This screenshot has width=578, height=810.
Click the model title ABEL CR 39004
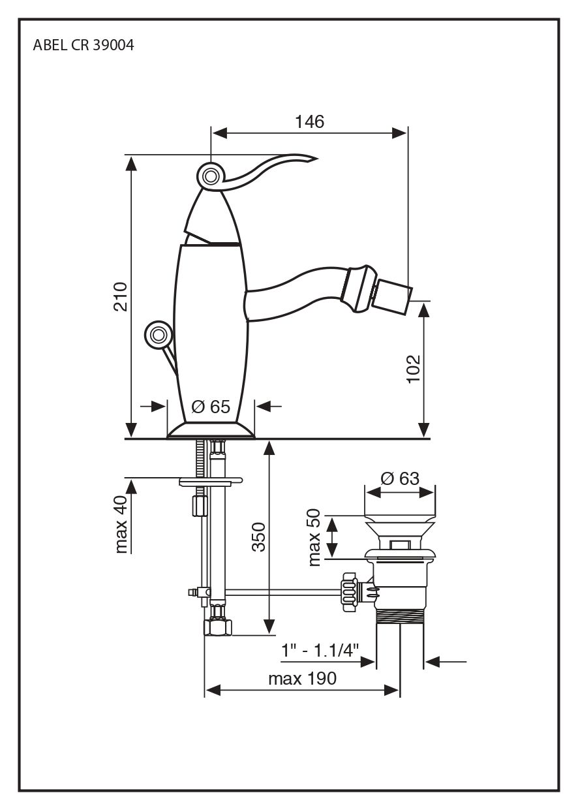tap(84, 46)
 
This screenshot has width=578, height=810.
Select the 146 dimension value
tap(309, 121)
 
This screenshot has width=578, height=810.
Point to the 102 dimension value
tap(414, 369)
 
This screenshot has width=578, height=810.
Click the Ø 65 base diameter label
tap(211, 407)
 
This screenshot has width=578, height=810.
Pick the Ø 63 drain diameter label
tap(399, 478)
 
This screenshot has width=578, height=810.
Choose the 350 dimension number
tap(259, 537)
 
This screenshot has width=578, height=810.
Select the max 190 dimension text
tap(302, 679)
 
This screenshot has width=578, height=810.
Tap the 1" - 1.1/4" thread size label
tap(320, 650)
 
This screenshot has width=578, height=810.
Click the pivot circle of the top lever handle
tap(210, 176)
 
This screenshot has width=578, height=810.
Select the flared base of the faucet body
tap(210, 430)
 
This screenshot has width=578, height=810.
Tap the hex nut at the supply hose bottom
tap(218, 627)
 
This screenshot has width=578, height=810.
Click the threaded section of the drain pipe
tap(401, 617)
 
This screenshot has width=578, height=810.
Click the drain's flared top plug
tap(400, 528)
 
